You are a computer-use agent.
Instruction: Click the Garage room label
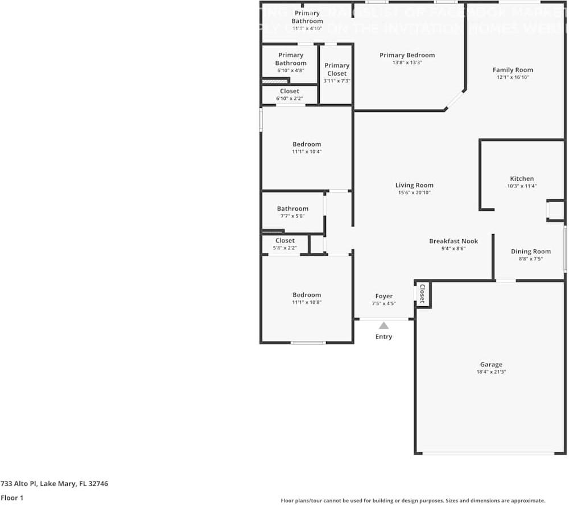(x=490, y=365)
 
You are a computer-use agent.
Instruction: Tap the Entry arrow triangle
(x=384, y=325)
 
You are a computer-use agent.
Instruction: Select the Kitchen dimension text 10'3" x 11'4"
(x=522, y=186)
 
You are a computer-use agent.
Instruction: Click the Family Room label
(x=513, y=70)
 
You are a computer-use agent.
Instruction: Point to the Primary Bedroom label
(x=407, y=55)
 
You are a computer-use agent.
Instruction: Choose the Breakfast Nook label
(x=453, y=241)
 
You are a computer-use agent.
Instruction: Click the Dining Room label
(x=530, y=251)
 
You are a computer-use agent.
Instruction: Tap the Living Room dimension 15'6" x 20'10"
(x=414, y=193)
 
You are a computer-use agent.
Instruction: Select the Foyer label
(x=384, y=296)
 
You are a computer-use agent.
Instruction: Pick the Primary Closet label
(x=337, y=69)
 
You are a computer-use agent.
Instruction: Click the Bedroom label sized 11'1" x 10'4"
(x=307, y=144)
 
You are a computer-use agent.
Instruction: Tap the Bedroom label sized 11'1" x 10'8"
(x=307, y=295)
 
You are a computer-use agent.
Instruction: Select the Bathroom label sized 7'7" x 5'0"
(x=292, y=208)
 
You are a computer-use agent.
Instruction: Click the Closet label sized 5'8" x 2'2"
(x=284, y=240)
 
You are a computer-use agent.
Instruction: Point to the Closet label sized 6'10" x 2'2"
(x=289, y=91)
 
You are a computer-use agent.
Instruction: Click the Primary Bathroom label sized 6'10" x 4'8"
(x=291, y=59)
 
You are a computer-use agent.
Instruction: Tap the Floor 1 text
(x=12, y=498)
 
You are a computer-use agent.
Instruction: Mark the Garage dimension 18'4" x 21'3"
(x=490, y=372)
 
